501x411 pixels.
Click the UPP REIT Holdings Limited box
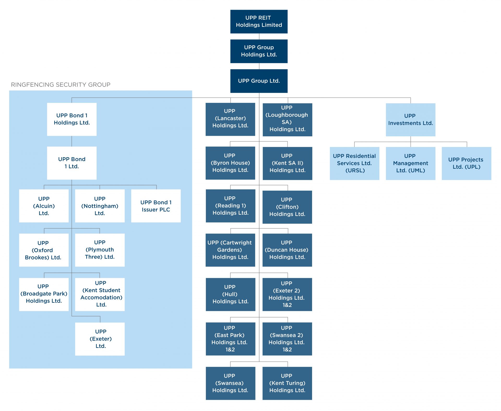[259, 22]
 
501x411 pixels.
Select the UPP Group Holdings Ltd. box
[259, 51]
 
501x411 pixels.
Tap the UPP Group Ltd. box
[259, 81]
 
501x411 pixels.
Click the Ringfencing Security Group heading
[61, 85]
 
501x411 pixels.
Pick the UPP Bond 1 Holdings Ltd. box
[72, 119]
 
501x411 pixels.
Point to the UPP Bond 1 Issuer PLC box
[156, 206]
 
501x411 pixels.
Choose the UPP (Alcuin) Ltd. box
[44, 206]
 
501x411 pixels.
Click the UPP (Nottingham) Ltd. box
[100, 206]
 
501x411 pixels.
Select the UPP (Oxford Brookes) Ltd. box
[44, 250]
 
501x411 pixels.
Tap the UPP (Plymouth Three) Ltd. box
[100, 250]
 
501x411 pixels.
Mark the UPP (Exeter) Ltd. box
[100, 339]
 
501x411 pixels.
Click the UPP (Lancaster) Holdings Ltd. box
[230, 119]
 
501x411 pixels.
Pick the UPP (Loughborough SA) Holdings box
[287, 120]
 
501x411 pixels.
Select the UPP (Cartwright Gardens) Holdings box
[230, 250]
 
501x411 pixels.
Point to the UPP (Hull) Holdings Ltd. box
[230, 294]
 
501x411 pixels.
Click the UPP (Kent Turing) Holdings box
[287, 383]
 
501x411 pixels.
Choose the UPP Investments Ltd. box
[410, 120]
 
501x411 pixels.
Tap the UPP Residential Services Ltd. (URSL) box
[354, 163]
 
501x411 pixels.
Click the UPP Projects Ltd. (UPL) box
[466, 163]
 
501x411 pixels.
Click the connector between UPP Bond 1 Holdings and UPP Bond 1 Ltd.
[72, 141]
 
